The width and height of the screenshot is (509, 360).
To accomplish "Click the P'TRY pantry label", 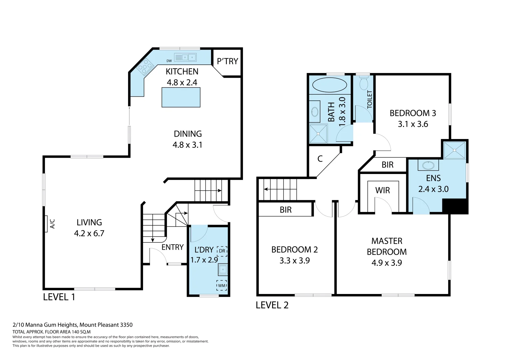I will click(x=227, y=61).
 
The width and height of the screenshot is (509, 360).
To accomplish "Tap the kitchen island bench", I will click(x=181, y=97).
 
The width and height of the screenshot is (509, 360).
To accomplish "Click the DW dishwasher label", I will click(x=169, y=61).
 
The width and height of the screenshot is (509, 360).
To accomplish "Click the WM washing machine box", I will click(x=222, y=285).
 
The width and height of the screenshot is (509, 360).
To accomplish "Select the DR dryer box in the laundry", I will click(x=222, y=251).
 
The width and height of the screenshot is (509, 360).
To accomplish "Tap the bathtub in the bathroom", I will click(x=329, y=85).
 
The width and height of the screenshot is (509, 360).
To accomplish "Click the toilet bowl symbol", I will click(x=363, y=81).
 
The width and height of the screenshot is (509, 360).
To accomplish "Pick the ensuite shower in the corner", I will click(x=454, y=150).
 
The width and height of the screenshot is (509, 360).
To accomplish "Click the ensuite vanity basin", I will click(x=428, y=165).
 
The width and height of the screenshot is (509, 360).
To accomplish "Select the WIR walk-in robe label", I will click(x=382, y=190).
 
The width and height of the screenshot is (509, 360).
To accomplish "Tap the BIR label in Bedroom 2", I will click(x=286, y=210).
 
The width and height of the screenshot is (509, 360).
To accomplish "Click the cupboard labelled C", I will click(x=320, y=159).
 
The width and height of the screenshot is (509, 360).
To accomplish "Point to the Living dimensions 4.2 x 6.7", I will click(x=89, y=233).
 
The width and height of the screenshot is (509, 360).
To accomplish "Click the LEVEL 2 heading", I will click(x=272, y=305).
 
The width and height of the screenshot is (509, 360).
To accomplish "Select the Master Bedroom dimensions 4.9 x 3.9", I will click(x=387, y=263).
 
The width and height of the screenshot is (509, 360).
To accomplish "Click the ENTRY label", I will click(x=172, y=247).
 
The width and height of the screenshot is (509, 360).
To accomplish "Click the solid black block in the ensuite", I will click(x=455, y=206).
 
